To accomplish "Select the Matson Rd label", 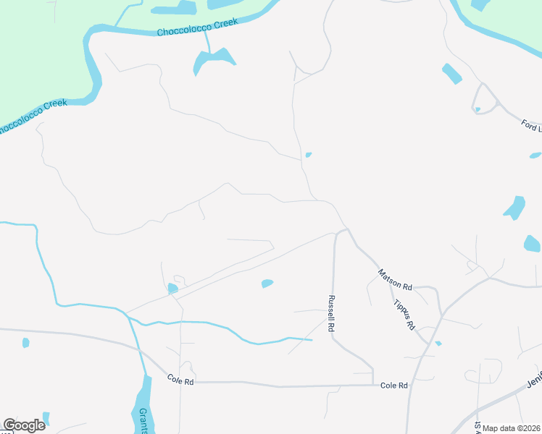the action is (394, 276).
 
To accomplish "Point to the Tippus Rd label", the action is (404, 313).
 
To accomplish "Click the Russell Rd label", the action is (331, 312).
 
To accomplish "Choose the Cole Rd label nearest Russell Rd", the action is (394, 386).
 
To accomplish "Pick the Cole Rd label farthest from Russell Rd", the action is (180, 378).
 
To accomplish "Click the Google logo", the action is (24, 425).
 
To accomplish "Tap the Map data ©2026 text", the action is (512, 428).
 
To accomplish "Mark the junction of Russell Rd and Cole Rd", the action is (372, 385).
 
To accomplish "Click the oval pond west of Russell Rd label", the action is (267, 284).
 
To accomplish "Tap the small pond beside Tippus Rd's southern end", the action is (438, 343).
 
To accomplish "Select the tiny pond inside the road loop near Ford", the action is (477, 110).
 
